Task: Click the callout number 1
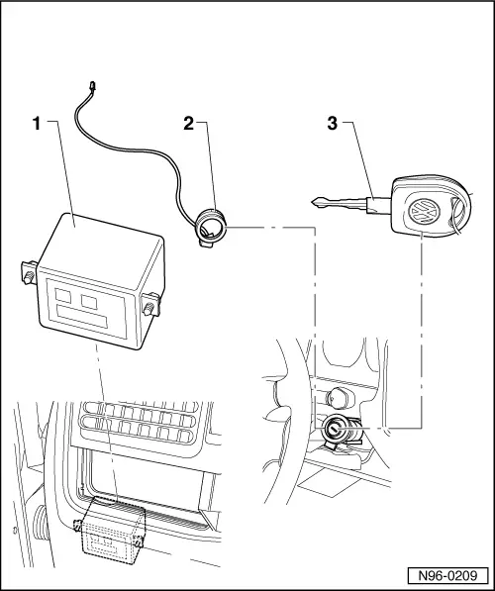pyautogui.click(x=37, y=124)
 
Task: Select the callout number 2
pyautogui.click(x=187, y=124)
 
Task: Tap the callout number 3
pyautogui.click(x=333, y=124)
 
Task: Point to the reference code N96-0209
pyautogui.click(x=446, y=572)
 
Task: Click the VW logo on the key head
pyautogui.click(x=423, y=212)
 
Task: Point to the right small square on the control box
pyautogui.click(x=90, y=299)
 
